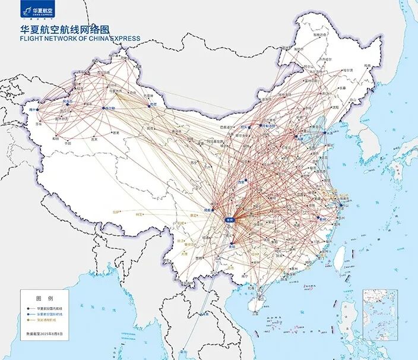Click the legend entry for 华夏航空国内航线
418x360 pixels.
pos(52,309)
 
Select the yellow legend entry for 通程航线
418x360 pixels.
pos(52,321)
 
